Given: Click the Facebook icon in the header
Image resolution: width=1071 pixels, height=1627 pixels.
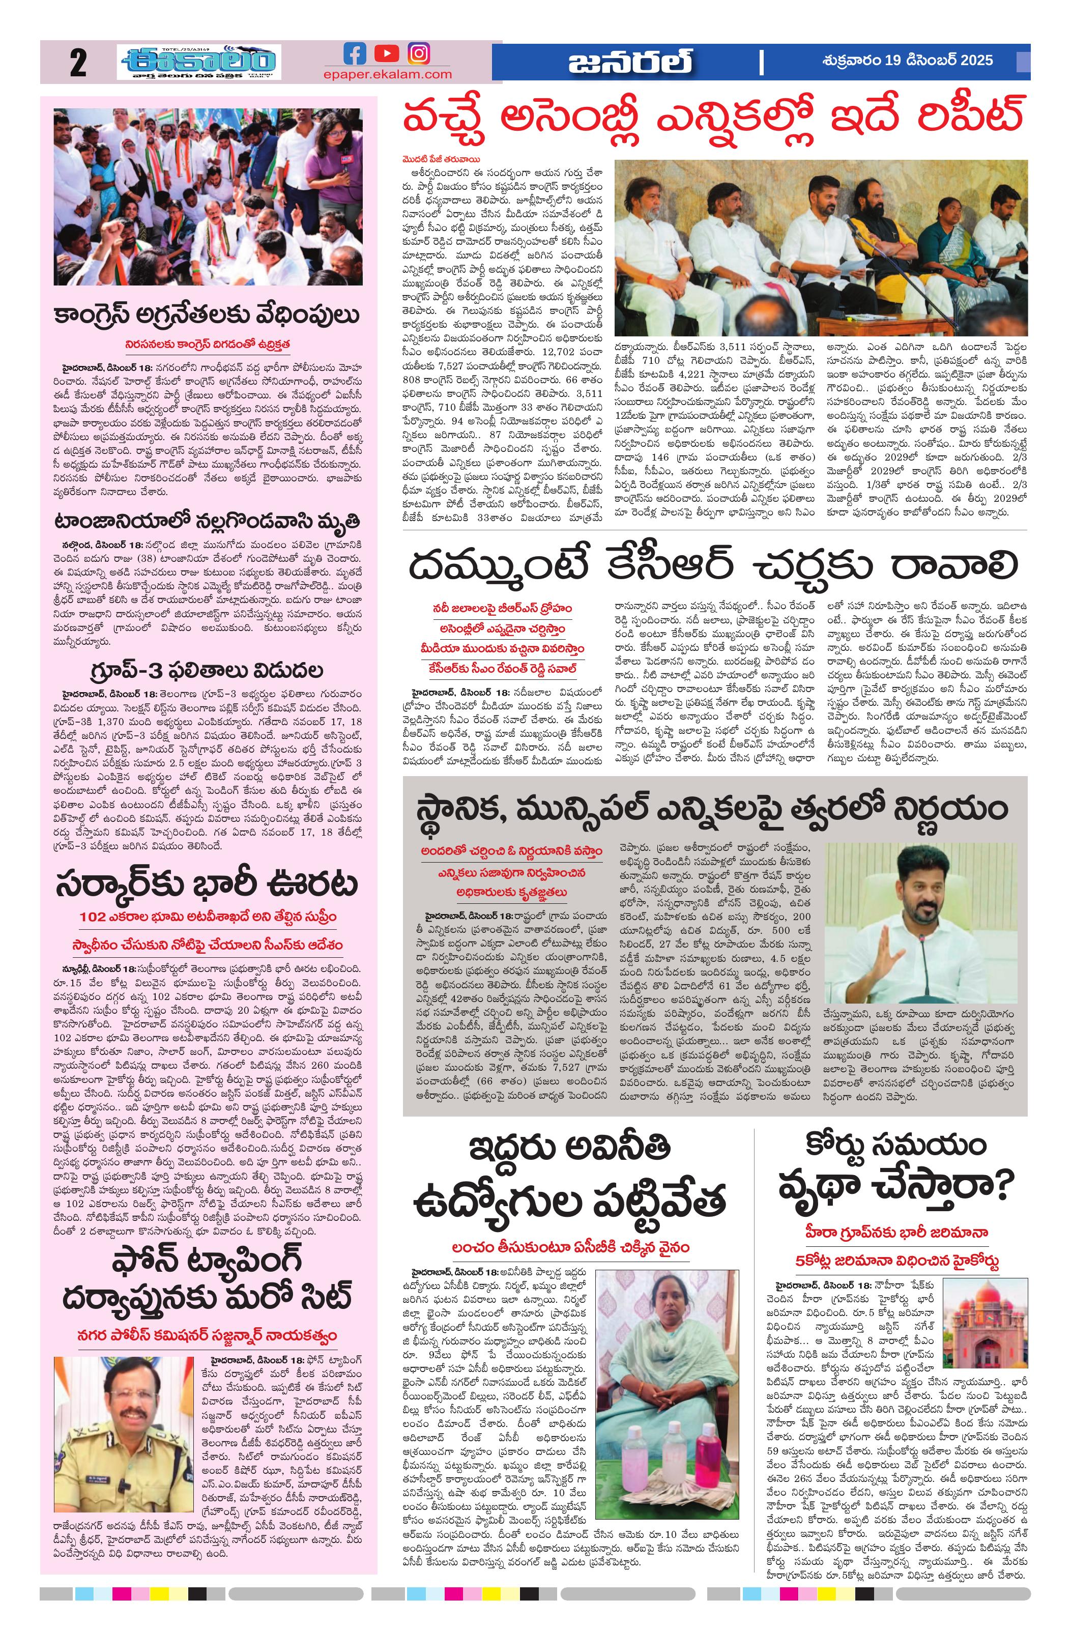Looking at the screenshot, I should point(355,53).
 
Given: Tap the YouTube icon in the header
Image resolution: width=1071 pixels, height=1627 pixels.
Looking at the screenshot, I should point(387,53).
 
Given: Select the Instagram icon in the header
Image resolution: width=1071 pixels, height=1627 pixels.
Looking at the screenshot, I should point(419,53).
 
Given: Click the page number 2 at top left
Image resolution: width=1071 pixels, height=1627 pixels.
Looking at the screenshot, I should point(78,64).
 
